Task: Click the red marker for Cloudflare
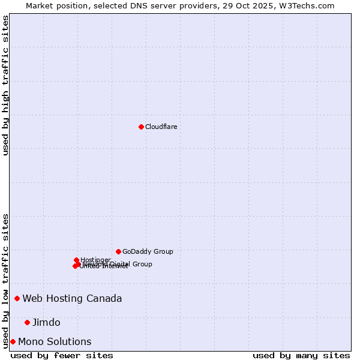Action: pos(141,127)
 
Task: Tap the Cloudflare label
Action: pos(161,127)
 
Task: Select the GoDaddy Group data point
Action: pos(118,251)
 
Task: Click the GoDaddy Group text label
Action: pos(148,251)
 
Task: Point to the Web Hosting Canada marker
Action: pos(17,298)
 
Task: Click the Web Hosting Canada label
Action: pos(72,298)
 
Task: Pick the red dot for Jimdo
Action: pos(27,322)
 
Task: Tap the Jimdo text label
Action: pos(46,322)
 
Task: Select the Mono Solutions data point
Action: pos(13,341)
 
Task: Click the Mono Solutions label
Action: pos(55,341)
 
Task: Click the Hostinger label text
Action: pos(95,260)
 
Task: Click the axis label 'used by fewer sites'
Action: pos(62,355)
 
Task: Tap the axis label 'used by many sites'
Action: pos(301,355)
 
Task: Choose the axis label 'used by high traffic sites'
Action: pos(6,85)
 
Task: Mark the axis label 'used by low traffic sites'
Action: pos(6,280)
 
